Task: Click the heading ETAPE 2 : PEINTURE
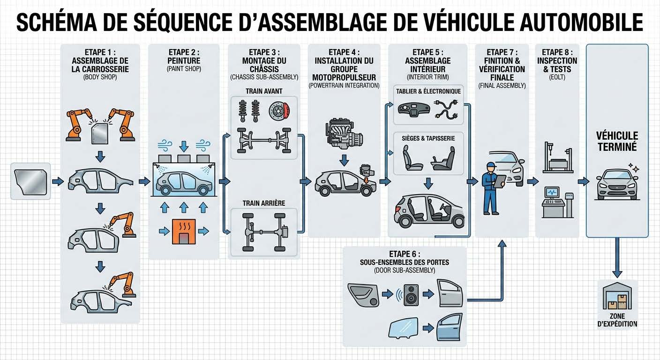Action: [x=183, y=56]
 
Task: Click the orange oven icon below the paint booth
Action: [x=183, y=231]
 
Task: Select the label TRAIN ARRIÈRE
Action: [x=264, y=203]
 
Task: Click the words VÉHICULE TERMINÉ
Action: [x=617, y=141]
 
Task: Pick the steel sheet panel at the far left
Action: [x=30, y=181]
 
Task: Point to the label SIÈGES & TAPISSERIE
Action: [x=428, y=138]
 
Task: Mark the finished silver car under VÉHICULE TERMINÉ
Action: [x=616, y=184]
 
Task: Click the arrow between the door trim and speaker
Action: [x=387, y=294]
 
